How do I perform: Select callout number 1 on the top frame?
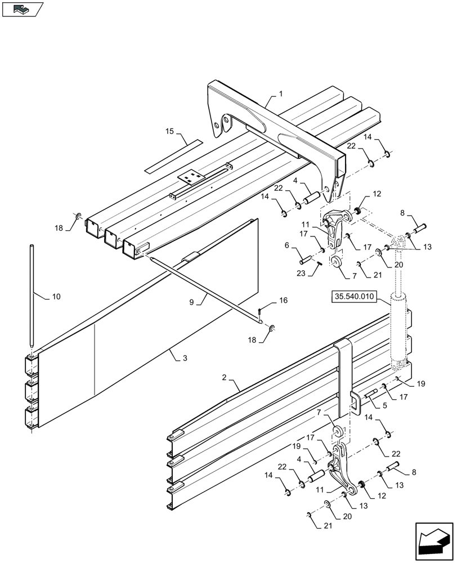[280, 94]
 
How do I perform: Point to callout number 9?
[191, 302]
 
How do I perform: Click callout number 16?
[283, 301]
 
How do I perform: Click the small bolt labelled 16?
[259, 311]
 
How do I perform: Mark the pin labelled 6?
[306, 260]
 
